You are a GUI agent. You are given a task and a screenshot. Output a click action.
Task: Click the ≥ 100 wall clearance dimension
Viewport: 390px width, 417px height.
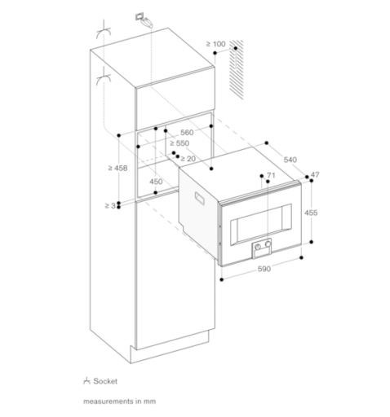click(x=215, y=44)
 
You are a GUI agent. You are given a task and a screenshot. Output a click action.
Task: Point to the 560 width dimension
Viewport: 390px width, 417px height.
click(x=187, y=133)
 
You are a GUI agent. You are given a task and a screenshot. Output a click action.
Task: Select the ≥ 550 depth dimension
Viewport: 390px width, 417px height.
click(x=179, y=143)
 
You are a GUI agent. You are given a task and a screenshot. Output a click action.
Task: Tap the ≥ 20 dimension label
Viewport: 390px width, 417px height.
click(x=188, y=159)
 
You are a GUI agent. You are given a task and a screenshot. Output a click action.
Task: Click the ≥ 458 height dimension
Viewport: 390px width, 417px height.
click(x=117, y=168)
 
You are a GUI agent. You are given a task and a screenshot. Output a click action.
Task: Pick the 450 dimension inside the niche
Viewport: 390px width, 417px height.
click(x=156, y=182)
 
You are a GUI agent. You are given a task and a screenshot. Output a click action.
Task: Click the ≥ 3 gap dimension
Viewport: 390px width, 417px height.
click(x=110, y=206)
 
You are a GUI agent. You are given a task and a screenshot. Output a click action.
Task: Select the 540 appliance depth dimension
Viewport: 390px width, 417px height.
click(x=290, y=160)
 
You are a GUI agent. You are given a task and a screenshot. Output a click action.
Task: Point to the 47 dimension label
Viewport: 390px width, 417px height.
click(x=315, y=174)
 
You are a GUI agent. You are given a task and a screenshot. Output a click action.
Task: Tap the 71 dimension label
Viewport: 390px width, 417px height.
click(x=271, y=175)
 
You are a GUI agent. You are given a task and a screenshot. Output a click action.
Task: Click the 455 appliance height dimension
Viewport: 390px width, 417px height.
click(x=311, y=213)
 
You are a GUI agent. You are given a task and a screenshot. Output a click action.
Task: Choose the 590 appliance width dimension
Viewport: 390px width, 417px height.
click(x=264, y=269)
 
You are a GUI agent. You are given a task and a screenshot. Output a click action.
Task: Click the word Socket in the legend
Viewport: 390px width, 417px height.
click(x=105, y=381)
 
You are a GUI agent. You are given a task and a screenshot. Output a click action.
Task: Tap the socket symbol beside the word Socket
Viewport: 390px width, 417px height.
click(x=86, y=381)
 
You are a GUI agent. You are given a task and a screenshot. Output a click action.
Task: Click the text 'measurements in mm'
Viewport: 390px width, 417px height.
click(x=120, y=402)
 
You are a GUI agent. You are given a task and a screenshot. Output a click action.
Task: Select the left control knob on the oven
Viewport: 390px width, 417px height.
click(x=258, y=247)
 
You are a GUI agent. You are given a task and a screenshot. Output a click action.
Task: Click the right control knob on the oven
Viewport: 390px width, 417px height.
click(x=268, y=244)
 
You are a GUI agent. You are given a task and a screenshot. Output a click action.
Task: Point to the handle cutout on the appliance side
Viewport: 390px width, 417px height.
click(x=200, y=198)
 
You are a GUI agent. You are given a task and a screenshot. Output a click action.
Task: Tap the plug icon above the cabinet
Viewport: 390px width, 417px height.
click(x=144, y=20)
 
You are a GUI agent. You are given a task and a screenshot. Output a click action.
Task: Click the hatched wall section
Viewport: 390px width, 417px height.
click(x=237, y=68)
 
